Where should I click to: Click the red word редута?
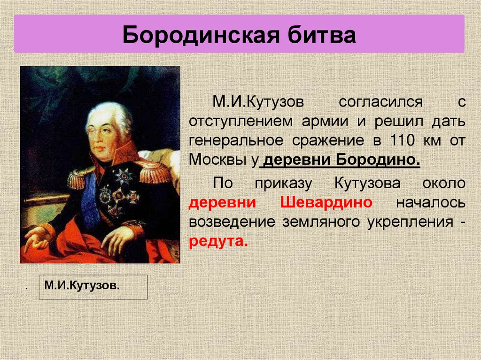pyautogui.click(x=217, y=242)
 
